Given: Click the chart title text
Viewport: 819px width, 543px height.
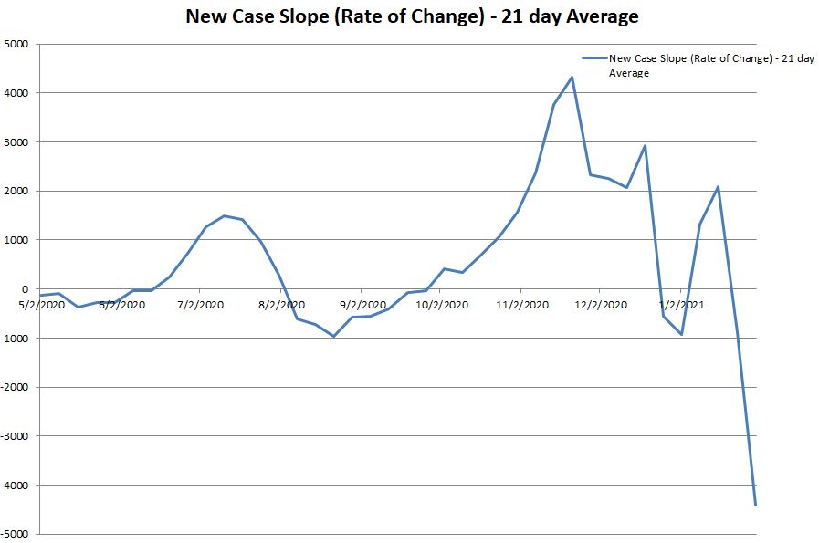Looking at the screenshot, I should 412,16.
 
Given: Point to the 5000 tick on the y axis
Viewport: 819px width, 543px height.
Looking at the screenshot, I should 16,44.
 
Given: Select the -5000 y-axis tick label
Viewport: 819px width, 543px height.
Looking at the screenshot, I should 15,534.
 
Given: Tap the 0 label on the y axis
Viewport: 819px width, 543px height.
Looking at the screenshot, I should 25,289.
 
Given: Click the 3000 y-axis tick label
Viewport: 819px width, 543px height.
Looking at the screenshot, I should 16,142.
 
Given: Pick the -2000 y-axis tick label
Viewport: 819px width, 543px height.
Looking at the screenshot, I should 15,387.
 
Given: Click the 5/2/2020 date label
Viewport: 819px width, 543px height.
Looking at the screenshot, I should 41,305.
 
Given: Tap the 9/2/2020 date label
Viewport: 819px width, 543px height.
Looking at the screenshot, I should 363,305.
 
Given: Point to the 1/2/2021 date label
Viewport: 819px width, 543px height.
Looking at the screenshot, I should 681,305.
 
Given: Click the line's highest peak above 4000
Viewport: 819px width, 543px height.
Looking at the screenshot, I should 572,77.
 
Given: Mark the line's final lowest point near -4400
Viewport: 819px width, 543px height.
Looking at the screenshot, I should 755,505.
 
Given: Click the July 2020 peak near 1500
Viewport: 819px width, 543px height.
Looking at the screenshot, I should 224,216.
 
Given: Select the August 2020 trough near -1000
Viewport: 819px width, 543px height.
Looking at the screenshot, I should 333,337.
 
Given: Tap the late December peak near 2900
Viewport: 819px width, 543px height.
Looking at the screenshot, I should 645,146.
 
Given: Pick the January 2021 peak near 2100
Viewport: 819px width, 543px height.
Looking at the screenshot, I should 719,186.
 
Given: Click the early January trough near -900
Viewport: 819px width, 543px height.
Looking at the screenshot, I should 681,335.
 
